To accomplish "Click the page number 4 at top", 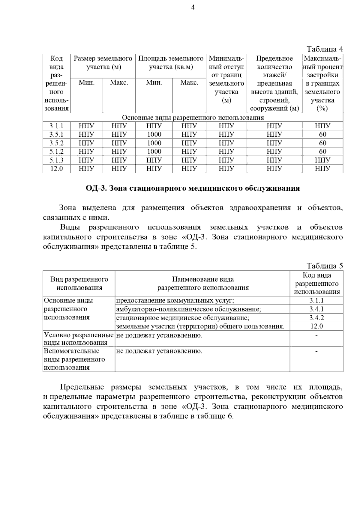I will tap(193, 8).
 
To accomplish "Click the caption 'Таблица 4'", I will tap(324, 49).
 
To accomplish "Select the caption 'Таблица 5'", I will tap(324, 266).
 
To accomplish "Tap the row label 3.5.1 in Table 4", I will tap(56, 134).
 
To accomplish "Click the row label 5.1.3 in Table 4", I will tap(56, 160).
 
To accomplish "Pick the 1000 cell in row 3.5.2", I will tap(154, 143).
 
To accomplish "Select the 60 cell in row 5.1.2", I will tap(322, 151).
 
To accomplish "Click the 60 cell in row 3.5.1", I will tap(322, 134).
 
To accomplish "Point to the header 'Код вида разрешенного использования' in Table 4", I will tap(56, 83).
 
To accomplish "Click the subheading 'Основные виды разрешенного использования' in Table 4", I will tap(193, 118).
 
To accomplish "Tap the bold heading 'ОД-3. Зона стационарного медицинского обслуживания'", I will tap(193, 188).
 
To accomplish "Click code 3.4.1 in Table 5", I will tap(316, 309).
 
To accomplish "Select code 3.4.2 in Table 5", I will tap(316, 318).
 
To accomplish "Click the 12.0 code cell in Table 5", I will tap(316, 326).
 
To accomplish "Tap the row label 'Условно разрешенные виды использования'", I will tap(79, 339).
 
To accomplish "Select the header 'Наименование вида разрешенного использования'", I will tap(203, 284).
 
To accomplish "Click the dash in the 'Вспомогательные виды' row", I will tap(316, 351).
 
